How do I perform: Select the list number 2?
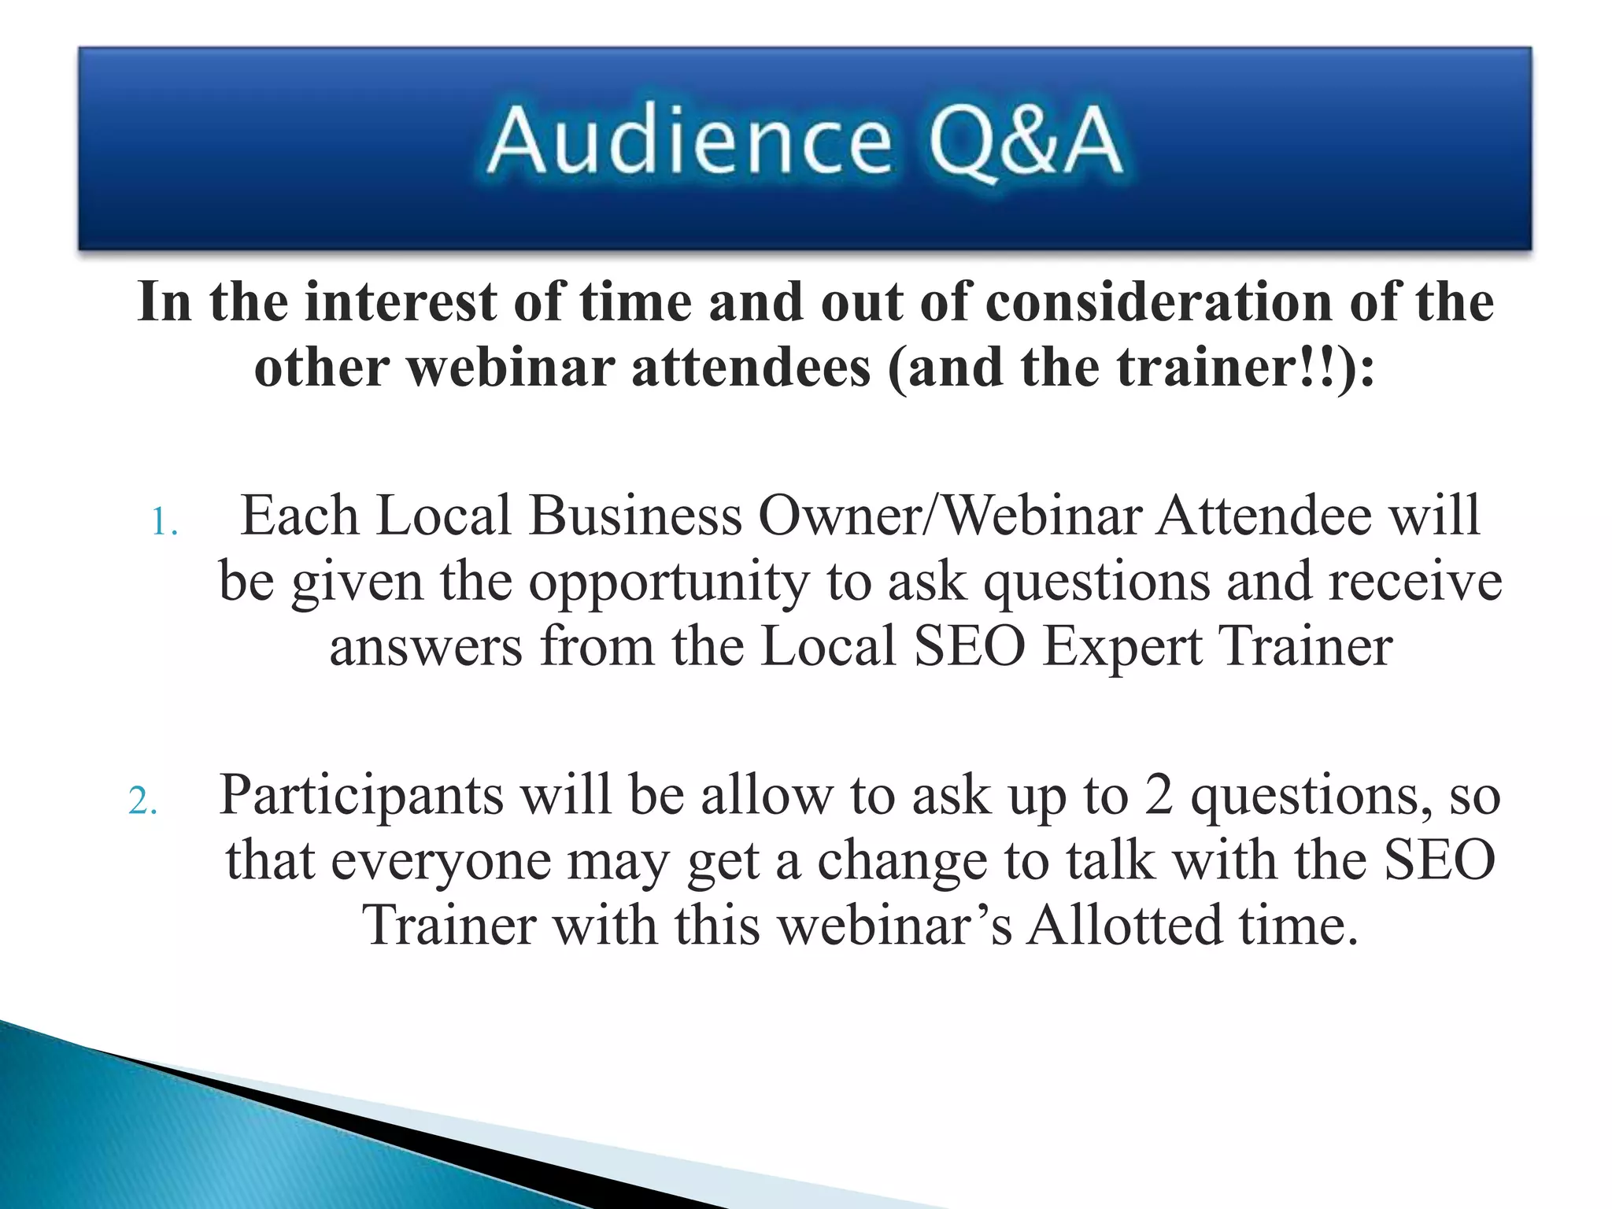142,802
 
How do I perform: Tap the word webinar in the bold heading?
511,368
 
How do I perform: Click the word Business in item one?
635,516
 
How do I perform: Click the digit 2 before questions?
1159,795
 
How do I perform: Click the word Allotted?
1126,926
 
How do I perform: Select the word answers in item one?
426,648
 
